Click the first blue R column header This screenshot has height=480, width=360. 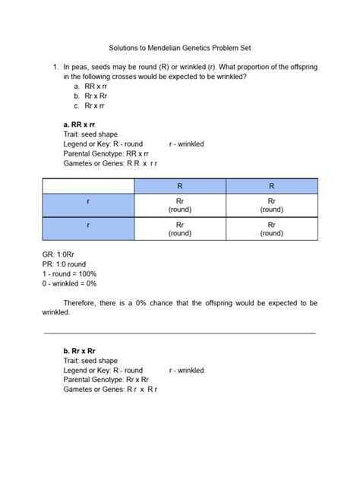(x=180, y=185)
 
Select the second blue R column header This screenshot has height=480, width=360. (x=271, y=185)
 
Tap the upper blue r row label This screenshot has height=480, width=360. (x=88, y=204)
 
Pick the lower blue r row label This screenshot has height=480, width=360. (x=88, y=229)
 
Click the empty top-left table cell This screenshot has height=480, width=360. (x=88, y=185)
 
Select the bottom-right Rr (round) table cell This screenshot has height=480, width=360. (x=271, y=229)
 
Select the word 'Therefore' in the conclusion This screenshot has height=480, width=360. (x=80, y=302)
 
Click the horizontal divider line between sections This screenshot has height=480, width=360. (x=180, y=333)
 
